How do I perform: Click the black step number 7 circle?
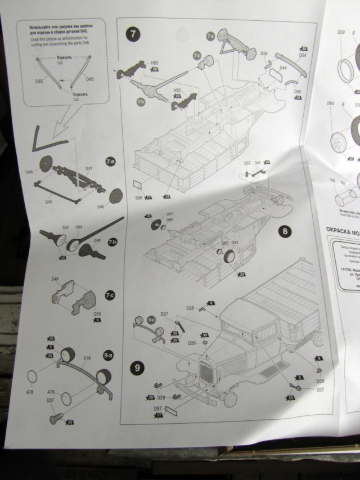(133, 33)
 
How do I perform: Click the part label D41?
(89, 168)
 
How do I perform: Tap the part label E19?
(87, 358)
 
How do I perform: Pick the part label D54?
(302, 56)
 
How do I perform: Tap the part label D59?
(341, 33)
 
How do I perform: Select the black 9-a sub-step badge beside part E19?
(108, 356)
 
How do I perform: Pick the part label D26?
(192, 343)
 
